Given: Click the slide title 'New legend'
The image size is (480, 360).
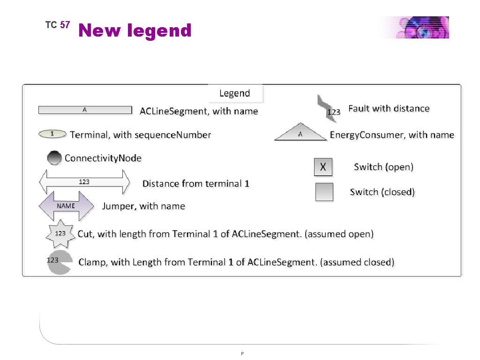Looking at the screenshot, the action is (x=135, y=30).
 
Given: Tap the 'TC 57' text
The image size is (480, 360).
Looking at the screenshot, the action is (x=57, y=25).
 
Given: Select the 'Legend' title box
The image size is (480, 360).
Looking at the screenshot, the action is (x=235, y=93).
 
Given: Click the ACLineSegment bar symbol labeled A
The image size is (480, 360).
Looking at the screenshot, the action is (x=85, y=110).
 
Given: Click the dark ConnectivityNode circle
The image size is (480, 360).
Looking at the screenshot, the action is (x=54, y=158).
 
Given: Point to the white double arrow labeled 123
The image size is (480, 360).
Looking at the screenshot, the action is (x=85, y=182).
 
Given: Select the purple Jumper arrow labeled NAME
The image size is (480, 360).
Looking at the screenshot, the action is (x=66, y=206).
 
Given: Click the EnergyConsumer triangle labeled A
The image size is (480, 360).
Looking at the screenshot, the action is (x=300, y=133).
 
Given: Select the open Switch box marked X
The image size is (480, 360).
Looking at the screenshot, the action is (x=323, y=167).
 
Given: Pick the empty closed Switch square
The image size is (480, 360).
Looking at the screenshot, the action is (x=324, y=192).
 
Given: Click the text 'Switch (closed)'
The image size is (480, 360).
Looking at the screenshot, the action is (x=382, y=192).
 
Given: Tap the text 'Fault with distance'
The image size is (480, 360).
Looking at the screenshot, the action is (x=389, y=108).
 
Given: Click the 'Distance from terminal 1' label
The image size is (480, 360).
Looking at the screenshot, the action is (x=196, y=183).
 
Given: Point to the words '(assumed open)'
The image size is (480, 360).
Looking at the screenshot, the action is (x=339, y=233).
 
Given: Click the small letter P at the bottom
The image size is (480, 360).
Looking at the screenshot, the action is (x=242, y=353).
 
